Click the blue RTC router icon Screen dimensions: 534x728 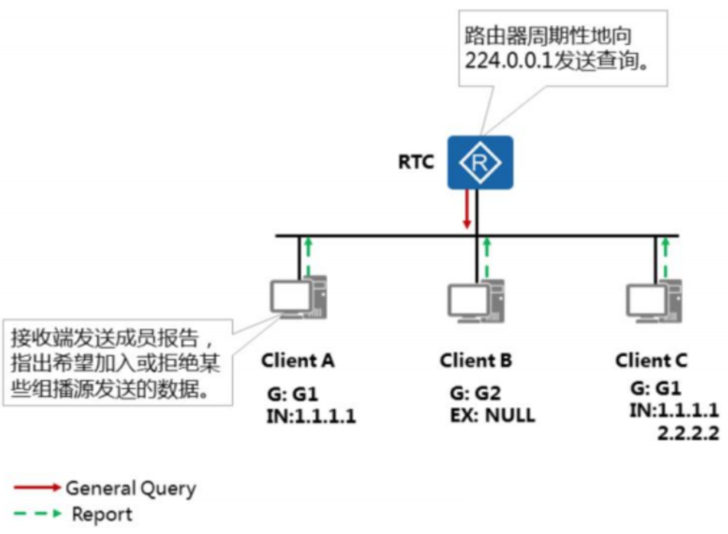coord(480,162)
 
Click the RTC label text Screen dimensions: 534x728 coord(416,162)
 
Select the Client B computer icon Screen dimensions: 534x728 coord(476,301)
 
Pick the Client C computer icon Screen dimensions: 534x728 coord(654,301)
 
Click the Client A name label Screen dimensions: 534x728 coord(298,360)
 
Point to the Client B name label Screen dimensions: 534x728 coord(476,360)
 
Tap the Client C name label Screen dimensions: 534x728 coord(651,360)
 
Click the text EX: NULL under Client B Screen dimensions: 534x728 coord(492,415)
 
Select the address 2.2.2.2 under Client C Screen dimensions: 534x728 coord(688,433)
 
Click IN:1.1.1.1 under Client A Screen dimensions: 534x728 coord(311,416)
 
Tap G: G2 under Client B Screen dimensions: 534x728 coord(475,393)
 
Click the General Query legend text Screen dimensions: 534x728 coord(131,488)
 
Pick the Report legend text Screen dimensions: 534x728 coord(102,514)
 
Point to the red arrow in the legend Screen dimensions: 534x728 coord(37,487)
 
